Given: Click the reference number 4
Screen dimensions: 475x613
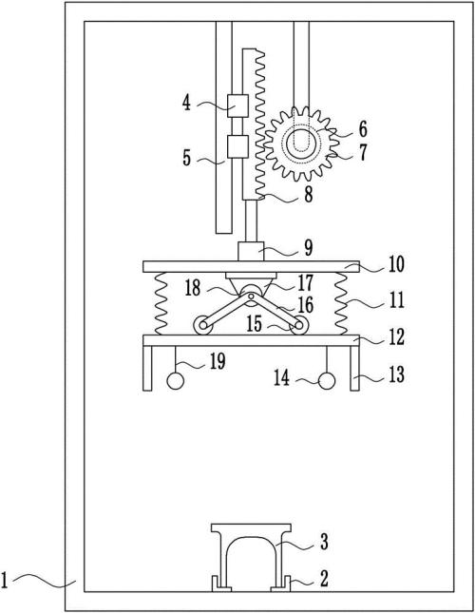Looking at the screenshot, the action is pyautogui.click(x=187, y=104).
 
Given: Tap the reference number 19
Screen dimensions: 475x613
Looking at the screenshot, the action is pyautogui.click(x=218, y=361).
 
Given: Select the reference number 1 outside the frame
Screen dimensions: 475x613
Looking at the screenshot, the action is pyautogui.click(x=5, y=580).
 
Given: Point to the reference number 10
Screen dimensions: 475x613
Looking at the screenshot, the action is pyautogui.click(x=396, y=264).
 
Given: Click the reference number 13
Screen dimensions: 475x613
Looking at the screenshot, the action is pyautogui.click(x=396, y=374).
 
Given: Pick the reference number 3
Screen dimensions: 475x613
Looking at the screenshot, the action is pyautogui.click(x=324, y=543).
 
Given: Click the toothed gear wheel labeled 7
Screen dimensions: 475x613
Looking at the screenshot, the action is pyautogui.click(x=300, y=144).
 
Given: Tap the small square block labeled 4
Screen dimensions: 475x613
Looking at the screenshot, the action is pyautogui.click(x=237, y=105).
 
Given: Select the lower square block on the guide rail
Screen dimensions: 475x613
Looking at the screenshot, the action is pyautogui.click(x=237, y=146).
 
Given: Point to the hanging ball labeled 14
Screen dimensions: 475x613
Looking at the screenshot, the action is pyautogui.click(x=327, y=381).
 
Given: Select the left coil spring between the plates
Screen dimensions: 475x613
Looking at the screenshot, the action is pyautogui.click(x=161, y=304).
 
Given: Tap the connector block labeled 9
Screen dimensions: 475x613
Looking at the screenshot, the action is pyautogui.click(x=251, y=251).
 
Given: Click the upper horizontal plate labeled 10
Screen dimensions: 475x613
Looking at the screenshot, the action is pyautogui.click(x=251, y=267).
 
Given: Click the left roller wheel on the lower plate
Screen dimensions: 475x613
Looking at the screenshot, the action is pyautogui.click(x=202, y=325).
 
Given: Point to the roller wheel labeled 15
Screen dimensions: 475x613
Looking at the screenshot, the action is pyautogui.click(x=299, y=325).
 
